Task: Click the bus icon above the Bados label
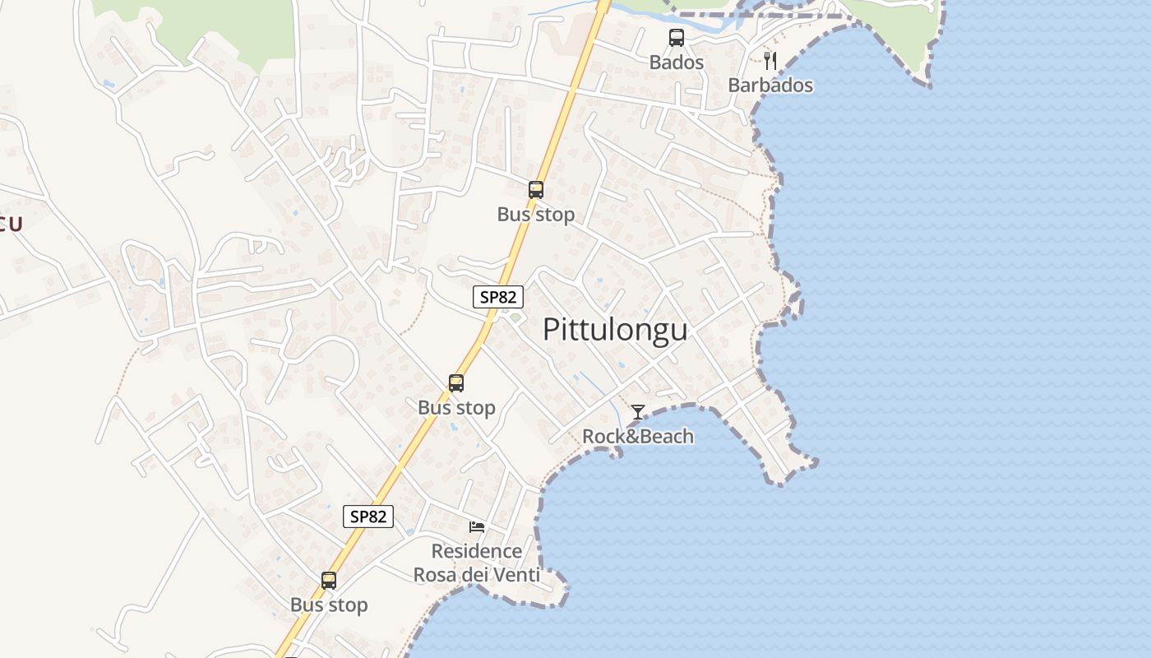(676, 38)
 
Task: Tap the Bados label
(676, 63)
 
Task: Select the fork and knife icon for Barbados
(770, 61)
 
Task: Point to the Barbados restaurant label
(770, 86)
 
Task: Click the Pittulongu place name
(615, 330)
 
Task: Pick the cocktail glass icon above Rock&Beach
(637, 411)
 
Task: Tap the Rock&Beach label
(637, 436)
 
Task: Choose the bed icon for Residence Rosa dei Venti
(477, 526)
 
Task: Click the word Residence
(477, 551)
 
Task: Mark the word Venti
(513, 575)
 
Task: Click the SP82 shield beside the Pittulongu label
(498, 297)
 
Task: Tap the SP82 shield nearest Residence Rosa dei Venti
(368, 517)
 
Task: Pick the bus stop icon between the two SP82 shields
(456, 382)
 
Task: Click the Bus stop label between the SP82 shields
(456, 408)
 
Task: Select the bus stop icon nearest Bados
(536, 190)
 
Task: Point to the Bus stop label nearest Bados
(536, 215)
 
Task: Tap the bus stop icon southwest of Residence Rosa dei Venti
(329, 581)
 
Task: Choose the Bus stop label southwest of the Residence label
(329, 605)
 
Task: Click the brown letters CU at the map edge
(10, 225)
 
